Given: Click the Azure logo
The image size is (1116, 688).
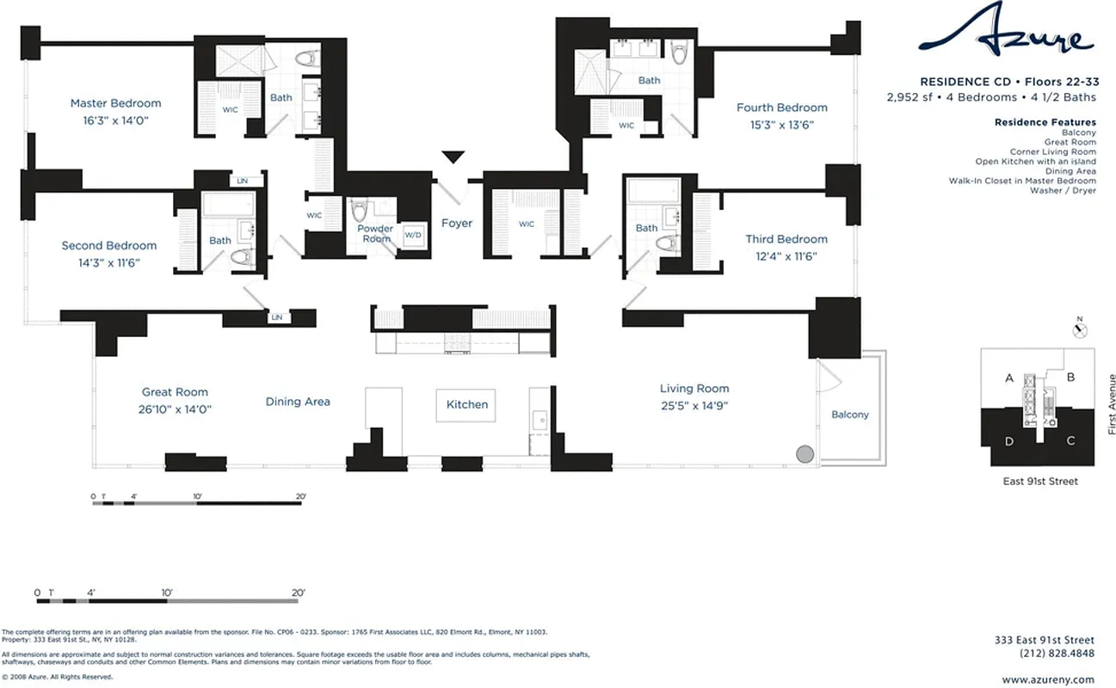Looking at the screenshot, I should coord(1006,35).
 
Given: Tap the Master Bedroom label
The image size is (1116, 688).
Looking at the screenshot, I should coord(115,103).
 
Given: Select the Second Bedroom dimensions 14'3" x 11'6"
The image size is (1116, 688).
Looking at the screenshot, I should coord(109,262).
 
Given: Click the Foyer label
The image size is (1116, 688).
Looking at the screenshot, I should coord(457,224).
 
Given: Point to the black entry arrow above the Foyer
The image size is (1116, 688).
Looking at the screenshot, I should coord(453,157).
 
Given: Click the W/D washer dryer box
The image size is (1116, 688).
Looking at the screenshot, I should coord(413,235).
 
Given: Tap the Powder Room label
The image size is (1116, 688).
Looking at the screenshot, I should coord(376,234).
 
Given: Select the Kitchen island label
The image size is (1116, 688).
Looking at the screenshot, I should coord(467,404).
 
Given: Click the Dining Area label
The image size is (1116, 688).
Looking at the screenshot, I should coord(298,402).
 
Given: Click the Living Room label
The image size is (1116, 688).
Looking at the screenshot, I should coord(694,389).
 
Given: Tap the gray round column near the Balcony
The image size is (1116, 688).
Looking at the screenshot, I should coord(805,454).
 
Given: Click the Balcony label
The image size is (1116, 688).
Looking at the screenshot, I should coord(850,415).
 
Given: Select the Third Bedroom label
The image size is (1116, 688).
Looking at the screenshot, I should coord(786,239).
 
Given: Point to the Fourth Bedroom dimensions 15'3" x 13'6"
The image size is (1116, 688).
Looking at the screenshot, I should coord(781,125).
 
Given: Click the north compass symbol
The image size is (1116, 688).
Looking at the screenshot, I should coord(1082,329).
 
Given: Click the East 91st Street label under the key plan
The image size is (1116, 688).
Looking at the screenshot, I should coord(1039,482).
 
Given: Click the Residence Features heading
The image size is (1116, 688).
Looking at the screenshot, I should coord(1045,122).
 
